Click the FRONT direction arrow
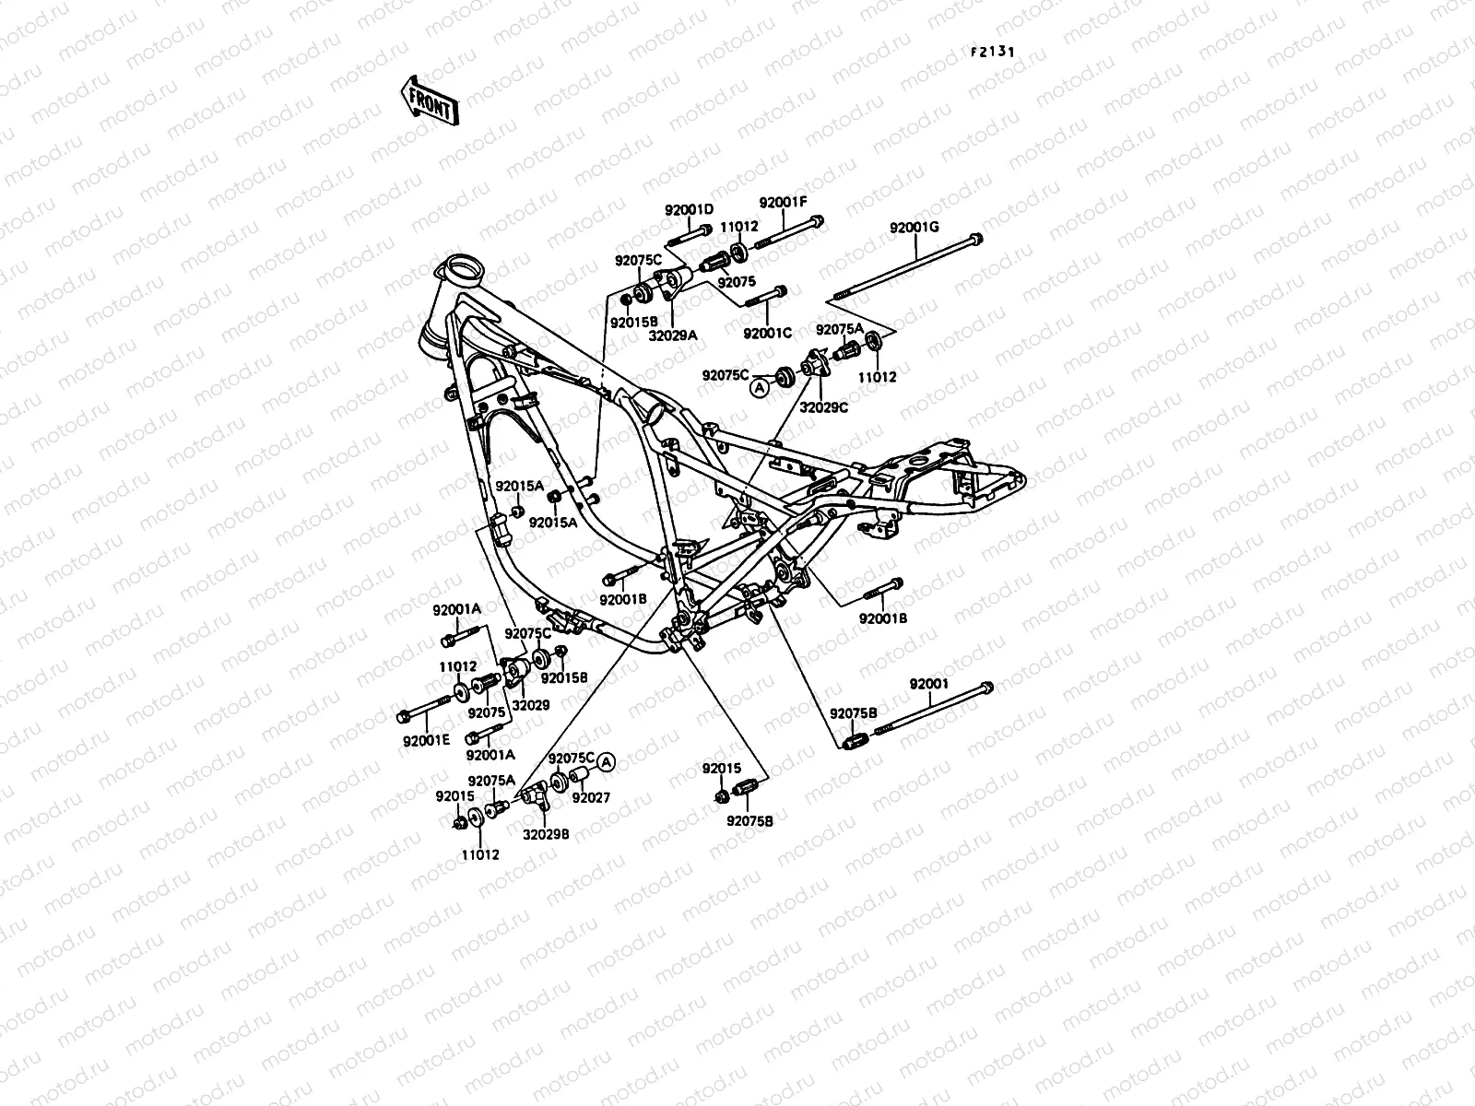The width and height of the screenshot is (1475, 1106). pyautogui.click(x=429, y=100)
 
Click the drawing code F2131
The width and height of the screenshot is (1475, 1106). pyautogui.click(x=992, y=53)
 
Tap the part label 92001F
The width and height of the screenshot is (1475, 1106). pyautogui.click(x=783, y=203)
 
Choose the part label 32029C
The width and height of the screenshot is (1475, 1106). pyautogui.click(x=823, y=405)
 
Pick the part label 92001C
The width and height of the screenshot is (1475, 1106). pyautogui.click(x=767, y=333)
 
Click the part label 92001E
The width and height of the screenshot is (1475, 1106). pyautogui.click(x=426, y=739)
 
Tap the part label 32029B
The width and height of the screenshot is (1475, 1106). pyautogui.click(x=546, y=833)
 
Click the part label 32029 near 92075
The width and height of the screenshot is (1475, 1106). pyautogui.click(x=531, y=705)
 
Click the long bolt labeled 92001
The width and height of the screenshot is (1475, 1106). pyautogui.click(x=931, y=711)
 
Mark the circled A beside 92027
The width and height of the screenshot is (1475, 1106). pyautogui.click(x=606, y=761)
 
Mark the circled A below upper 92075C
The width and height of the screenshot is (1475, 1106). pyautogui.click(x=760, y=389)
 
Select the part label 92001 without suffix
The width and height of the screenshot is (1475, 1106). pyautogui.click(x=928, y=684)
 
